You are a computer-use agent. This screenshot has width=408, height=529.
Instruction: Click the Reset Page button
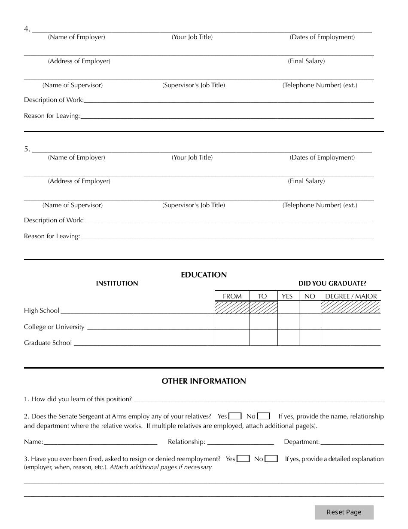tap(344, 512)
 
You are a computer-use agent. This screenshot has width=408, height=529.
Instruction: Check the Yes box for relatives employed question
tap(235, 416)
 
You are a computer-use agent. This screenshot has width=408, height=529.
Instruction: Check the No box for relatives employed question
tap(264, 416)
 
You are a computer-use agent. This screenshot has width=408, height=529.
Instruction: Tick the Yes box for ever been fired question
tap(244, 458)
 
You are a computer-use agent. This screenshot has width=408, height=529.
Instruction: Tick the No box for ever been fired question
tap(271, 458)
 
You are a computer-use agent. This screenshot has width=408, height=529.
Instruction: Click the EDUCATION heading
tap(204, 275)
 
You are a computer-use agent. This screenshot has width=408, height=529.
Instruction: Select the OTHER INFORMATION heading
tap(204, 381)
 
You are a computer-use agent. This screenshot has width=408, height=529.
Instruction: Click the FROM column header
tap(232, 296)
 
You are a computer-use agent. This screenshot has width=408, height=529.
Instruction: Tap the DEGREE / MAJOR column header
tap(351, 296)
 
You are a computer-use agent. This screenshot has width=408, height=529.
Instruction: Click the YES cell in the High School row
tap(288, 308)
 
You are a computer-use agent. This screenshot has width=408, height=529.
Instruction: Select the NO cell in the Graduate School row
tap(310, 338)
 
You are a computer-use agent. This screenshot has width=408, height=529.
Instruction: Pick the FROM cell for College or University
tap(232, 322)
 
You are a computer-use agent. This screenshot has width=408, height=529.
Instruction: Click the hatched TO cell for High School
tap(263, 308)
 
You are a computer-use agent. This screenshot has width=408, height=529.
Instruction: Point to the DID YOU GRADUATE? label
tap(332, 283)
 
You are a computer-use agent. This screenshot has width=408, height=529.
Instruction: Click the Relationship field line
tap(241, 442)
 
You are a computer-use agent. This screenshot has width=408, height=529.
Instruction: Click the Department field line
tap(352, 442)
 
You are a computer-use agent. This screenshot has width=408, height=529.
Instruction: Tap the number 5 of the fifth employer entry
tap(27, 149)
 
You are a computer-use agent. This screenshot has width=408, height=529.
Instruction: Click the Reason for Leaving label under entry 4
tap(52, 116)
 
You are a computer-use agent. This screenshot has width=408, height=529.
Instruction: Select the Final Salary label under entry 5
tap(306, 181)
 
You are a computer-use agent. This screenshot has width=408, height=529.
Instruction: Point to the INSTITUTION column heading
tap(117, 283)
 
